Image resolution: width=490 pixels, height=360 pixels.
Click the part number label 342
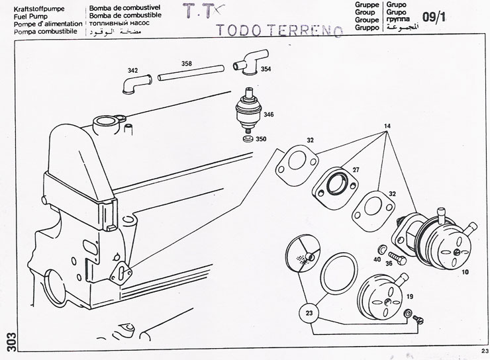pyautogui.click(x=133, y=70)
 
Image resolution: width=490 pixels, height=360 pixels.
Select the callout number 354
pyautogui.click(x=265, y=69)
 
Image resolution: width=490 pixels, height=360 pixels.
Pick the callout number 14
pyautogui.click(x=386, y=126)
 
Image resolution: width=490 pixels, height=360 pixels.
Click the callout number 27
pyautogui.click(x=355, y=170)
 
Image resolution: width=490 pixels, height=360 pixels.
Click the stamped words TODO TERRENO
pyautogui.click(x=280, y=30)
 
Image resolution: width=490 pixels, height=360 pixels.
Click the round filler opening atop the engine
pyautogui.click(x=104, y=122)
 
